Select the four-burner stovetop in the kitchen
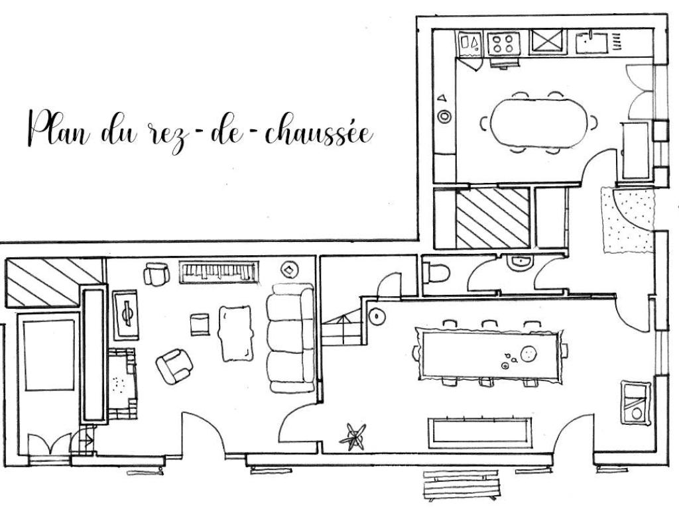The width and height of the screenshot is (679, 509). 503,43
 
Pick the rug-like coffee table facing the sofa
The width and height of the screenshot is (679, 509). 235,333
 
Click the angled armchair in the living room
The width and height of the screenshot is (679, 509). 174,366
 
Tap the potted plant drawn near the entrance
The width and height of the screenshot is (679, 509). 353,436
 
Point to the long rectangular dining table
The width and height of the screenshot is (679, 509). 490,355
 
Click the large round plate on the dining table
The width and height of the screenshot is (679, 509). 528,354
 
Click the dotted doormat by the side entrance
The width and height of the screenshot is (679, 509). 627,219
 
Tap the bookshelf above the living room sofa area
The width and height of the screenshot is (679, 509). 219,272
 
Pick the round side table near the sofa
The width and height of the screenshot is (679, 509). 289,270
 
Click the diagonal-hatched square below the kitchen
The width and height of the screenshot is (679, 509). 493,218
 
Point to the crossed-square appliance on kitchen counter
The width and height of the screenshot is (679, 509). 547,42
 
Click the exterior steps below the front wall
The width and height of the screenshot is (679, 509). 462,485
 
